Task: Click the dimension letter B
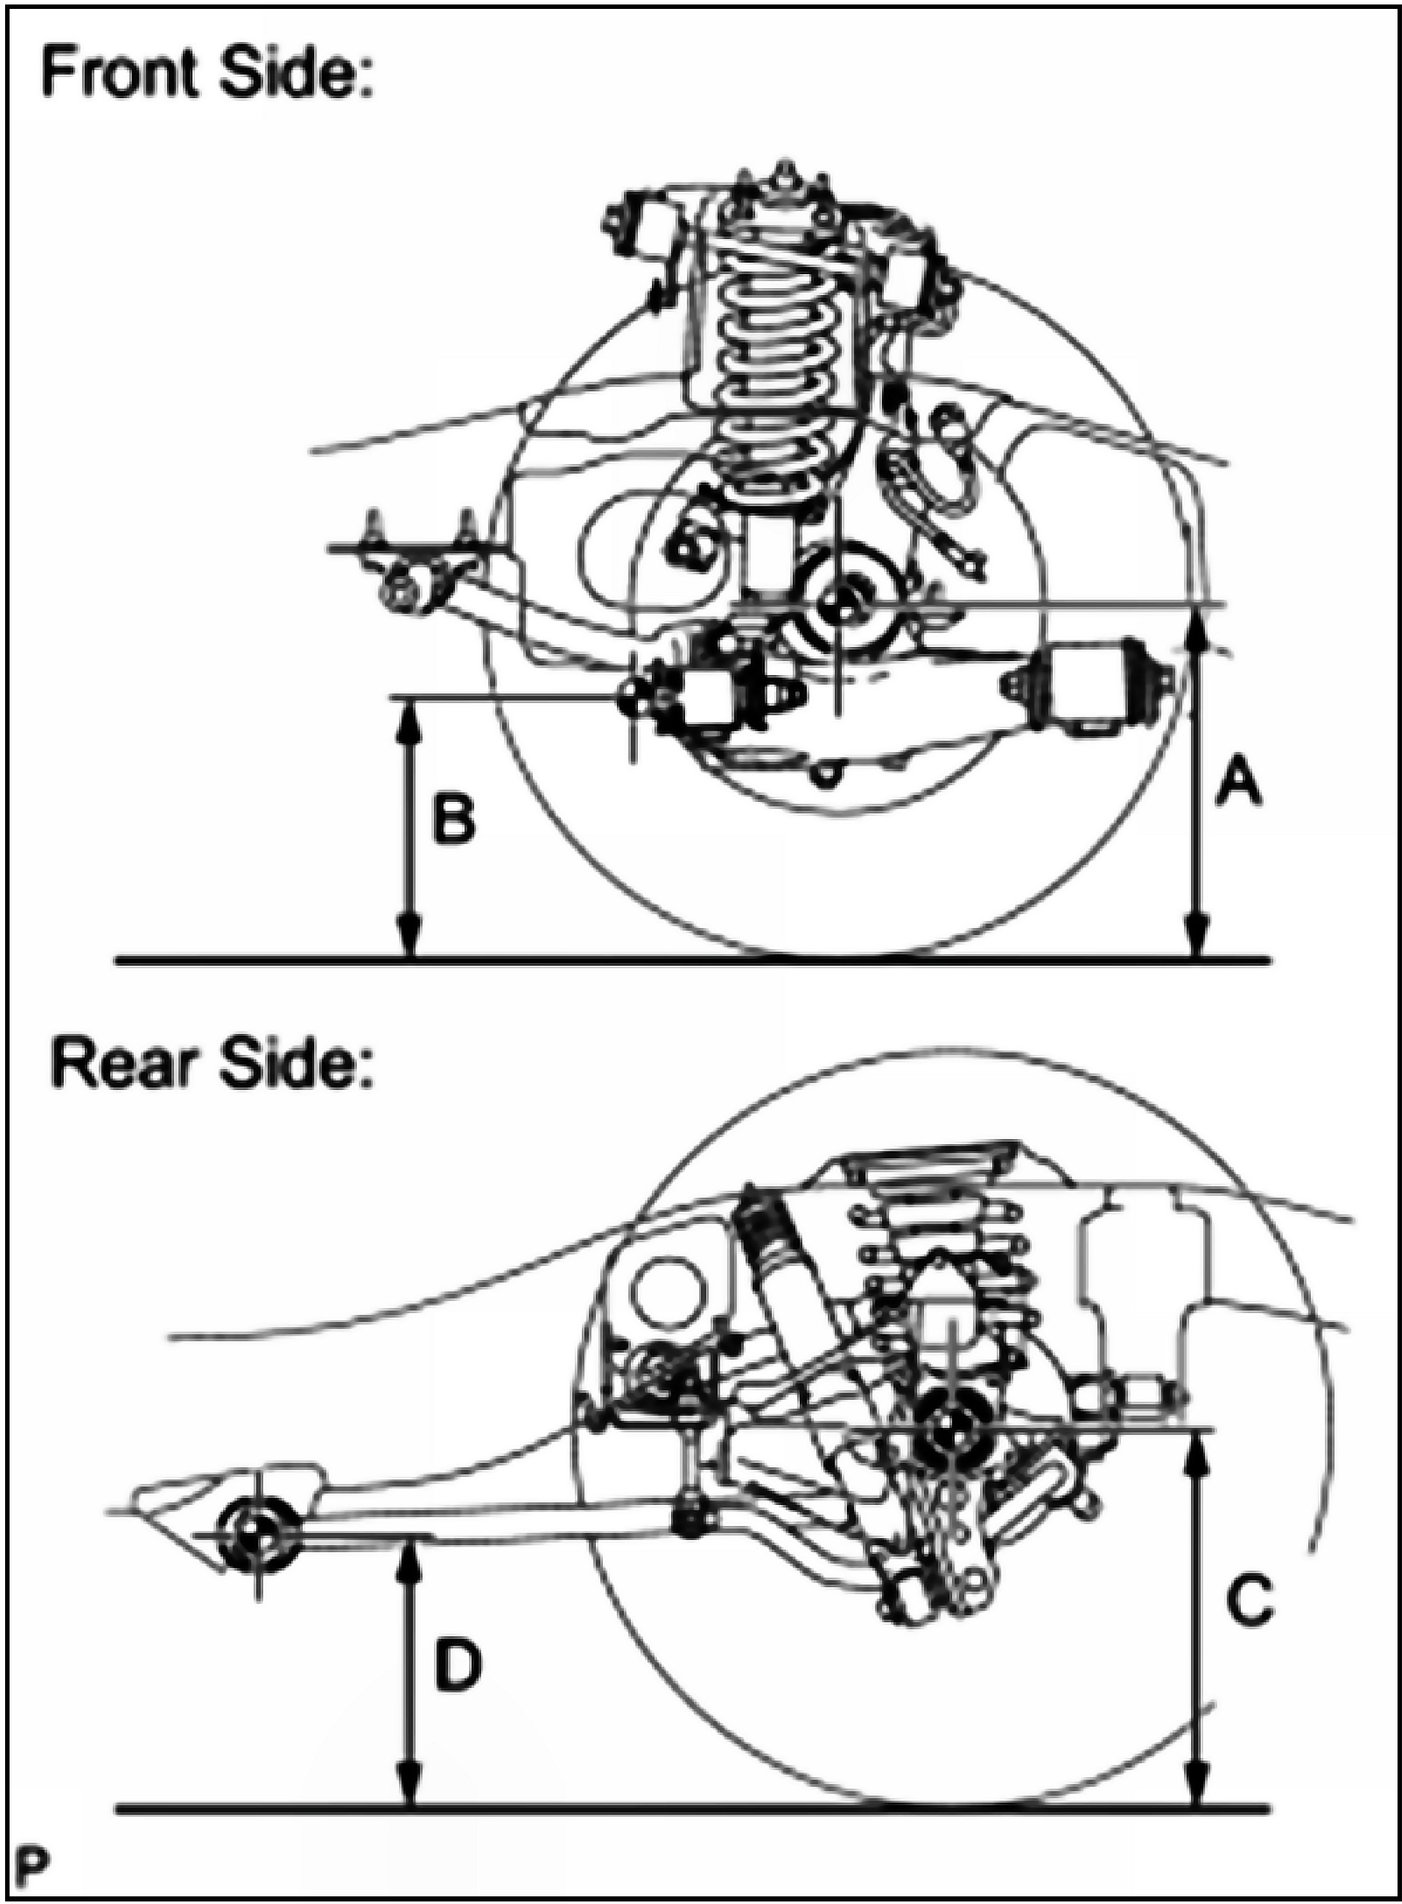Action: pyautogui.click(x=453, y=819)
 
